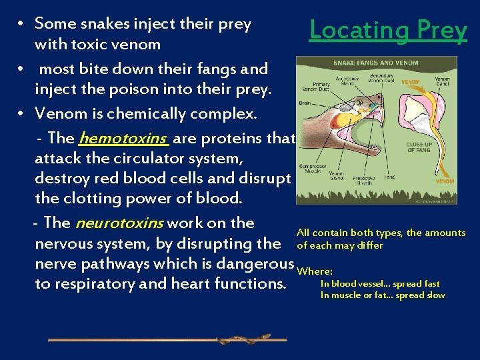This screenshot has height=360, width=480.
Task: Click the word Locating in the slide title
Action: [359, 30]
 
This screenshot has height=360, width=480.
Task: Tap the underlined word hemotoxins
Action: [122, 138]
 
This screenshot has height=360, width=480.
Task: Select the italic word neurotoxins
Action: [119, 223]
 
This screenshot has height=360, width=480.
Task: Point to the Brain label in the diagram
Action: [305, 103]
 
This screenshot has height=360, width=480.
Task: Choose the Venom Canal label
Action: [442, 81]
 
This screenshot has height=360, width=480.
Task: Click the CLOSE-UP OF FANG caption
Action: [420, 147]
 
